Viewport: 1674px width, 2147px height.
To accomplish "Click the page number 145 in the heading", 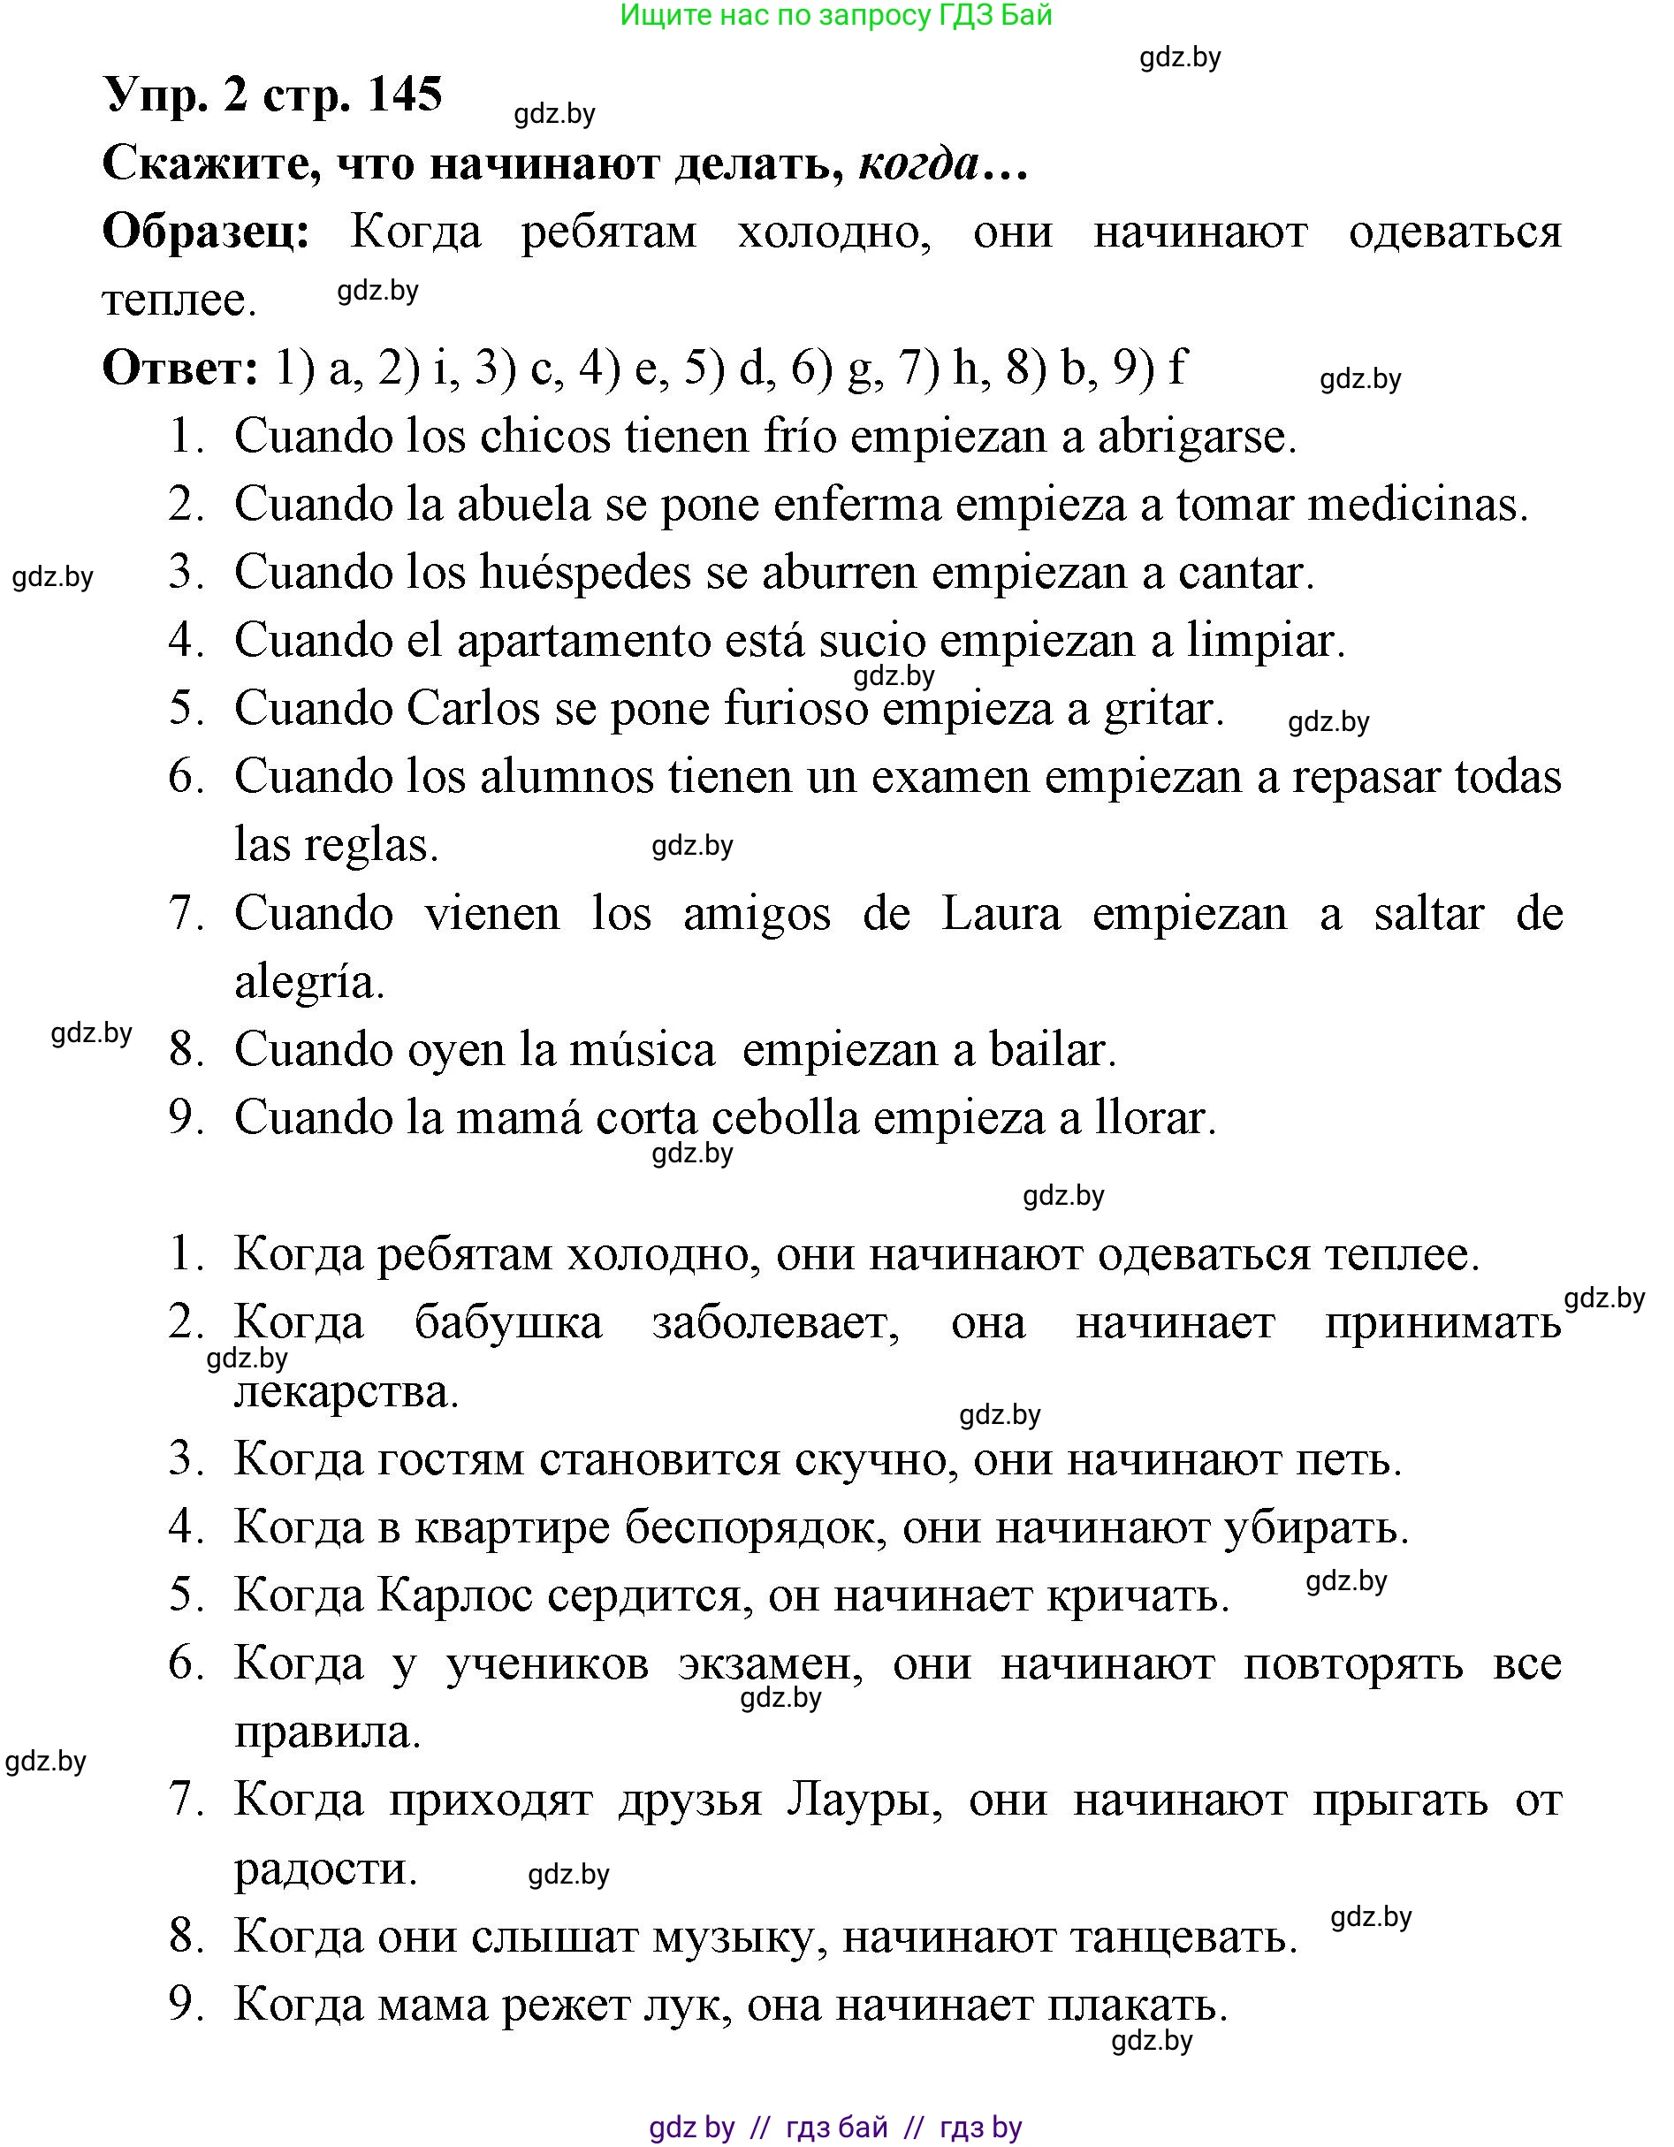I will (x=404, y=95).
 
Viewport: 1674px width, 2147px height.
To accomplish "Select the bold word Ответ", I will (x=181, y=368).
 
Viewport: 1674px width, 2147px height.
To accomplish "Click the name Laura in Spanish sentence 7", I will (x=1001, y=914).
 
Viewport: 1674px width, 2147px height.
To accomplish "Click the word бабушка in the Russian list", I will (x=507, y=1323).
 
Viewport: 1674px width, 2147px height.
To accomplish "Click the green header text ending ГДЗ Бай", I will (x=836, y=15).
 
